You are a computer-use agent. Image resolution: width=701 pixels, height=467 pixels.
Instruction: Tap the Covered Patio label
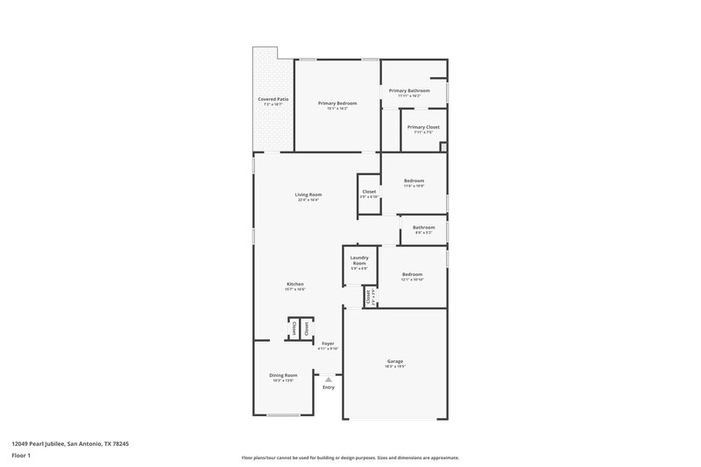273,100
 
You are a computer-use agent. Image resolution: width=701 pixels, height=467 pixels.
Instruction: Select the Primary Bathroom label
409,90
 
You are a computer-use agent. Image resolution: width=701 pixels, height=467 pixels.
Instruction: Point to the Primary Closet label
424,127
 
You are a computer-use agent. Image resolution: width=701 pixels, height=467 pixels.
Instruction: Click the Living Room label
308,195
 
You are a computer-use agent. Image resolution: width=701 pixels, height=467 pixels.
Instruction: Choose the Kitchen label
294,284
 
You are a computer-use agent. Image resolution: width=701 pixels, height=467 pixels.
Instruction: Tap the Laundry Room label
359,260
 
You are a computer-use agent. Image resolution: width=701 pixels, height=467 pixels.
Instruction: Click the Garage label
394,361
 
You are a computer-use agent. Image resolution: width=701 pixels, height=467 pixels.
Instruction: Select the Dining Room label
283,375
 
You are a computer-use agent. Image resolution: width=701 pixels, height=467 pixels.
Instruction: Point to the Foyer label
328,343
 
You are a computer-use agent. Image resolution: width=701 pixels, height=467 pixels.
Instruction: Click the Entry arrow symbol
329,379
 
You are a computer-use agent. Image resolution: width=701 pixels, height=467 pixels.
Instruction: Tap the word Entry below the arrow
329,387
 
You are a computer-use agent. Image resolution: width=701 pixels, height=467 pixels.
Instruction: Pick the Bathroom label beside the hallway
423,228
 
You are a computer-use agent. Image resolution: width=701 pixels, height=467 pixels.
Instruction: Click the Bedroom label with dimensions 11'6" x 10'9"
414,180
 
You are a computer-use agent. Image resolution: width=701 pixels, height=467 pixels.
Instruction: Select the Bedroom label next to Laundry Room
412,274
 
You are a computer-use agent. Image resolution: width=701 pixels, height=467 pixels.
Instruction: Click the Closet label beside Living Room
369,192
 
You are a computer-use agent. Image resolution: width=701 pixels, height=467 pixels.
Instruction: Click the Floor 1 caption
21,456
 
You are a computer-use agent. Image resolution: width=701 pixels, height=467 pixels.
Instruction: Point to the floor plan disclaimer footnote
350,457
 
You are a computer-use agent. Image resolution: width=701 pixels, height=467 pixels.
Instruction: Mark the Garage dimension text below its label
394,366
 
